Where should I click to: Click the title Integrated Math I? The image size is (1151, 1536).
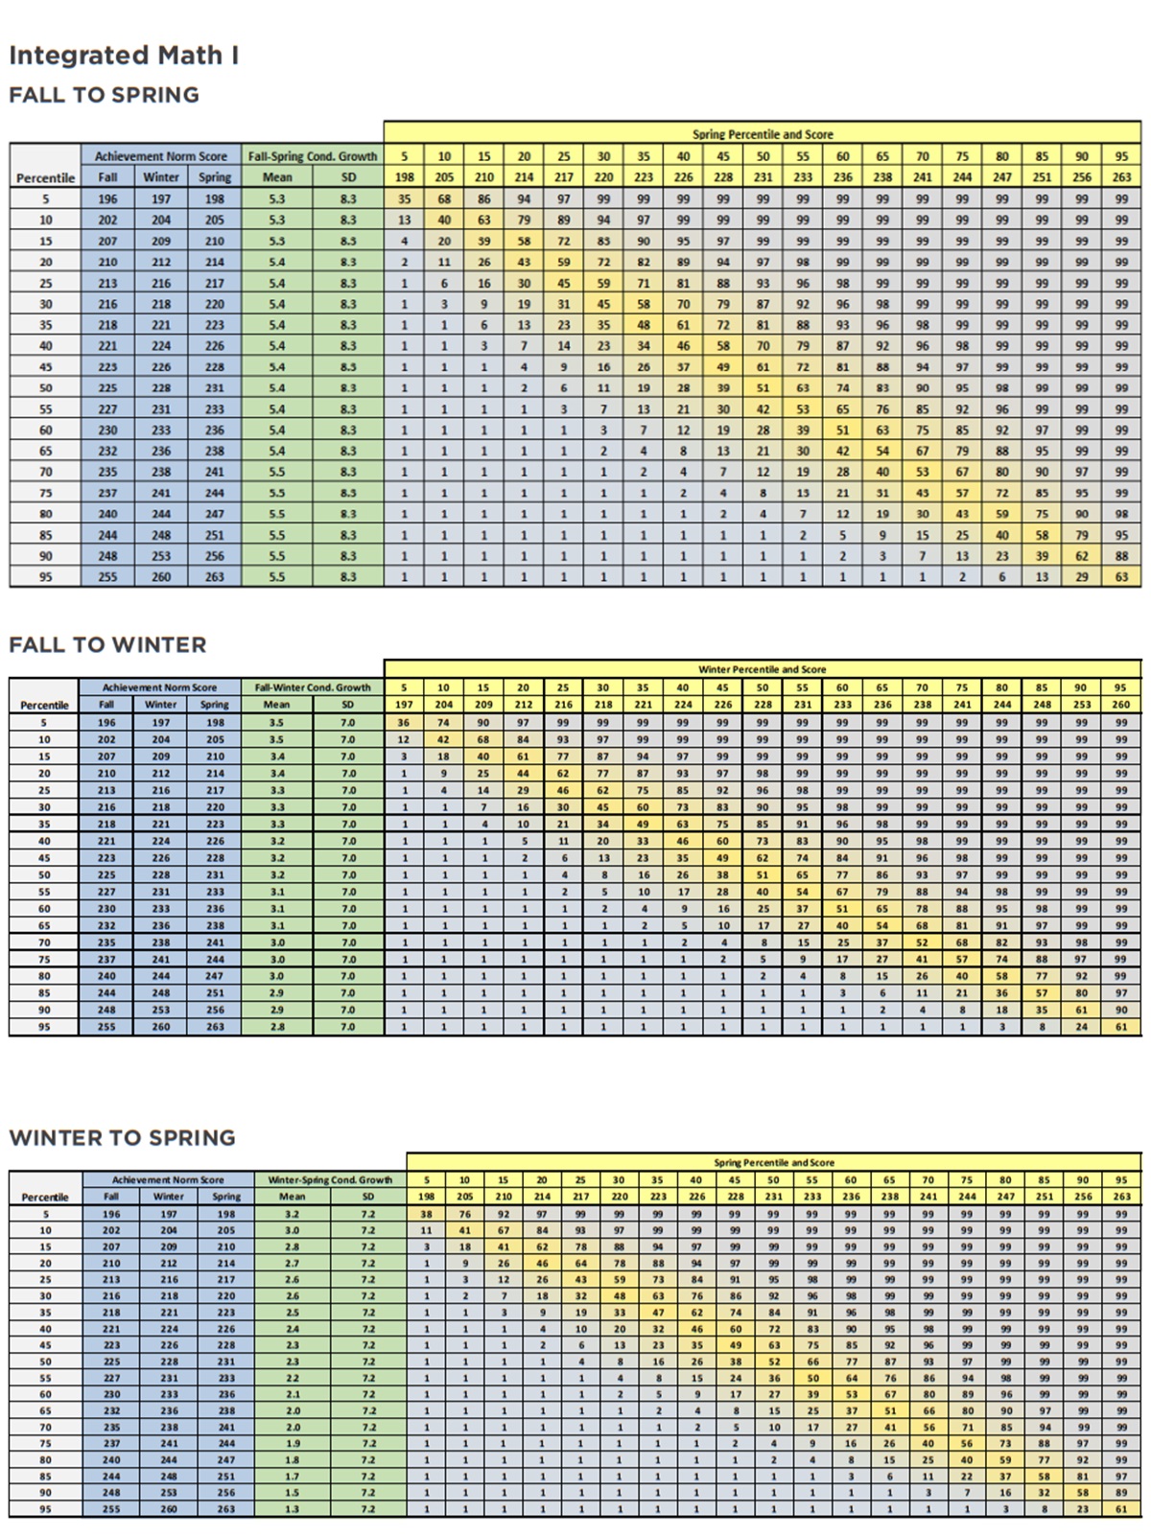point(124,56)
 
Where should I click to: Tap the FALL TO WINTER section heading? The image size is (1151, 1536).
point(107,645)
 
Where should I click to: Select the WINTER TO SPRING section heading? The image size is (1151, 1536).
point(122,1138)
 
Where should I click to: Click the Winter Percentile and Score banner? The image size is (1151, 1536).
point(762,669)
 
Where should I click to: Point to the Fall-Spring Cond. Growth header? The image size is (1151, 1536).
point(313,156)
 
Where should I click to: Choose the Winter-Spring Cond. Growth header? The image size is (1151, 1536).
point(330,1180)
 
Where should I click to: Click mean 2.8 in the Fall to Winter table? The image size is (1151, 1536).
point(276,1027)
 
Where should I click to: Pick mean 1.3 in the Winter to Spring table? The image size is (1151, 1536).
point(292,1509)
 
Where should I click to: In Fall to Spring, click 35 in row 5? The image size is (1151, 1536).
point(405,199)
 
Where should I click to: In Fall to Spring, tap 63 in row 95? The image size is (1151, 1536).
point(1121,577)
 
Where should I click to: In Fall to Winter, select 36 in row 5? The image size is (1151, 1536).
point(404,723)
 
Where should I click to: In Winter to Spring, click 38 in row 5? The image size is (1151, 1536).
point(427,1214)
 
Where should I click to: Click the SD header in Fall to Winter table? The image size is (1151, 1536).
point(347,705)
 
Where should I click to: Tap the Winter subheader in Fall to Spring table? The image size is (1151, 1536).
point(161,177)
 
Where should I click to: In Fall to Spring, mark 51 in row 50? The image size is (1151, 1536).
point(763,388)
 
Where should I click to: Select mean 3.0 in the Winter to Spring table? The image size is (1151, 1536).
point(292,1230)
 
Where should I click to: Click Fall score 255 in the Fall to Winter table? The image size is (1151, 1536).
point(106,1027)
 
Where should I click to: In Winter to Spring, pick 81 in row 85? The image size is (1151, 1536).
point(1083,1477)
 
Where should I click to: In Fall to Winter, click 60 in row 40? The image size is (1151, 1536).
point(722,841)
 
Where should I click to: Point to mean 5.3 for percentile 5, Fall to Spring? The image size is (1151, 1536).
point(277,199)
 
